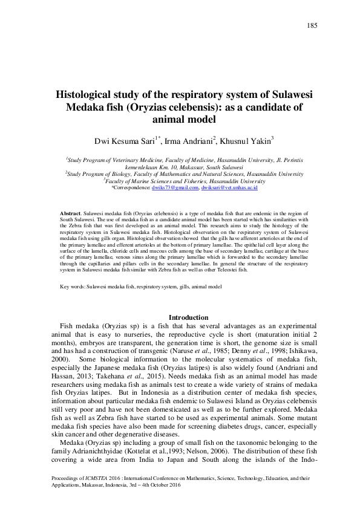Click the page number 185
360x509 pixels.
pos(312,25)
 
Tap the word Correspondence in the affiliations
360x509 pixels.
pos(133,188)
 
